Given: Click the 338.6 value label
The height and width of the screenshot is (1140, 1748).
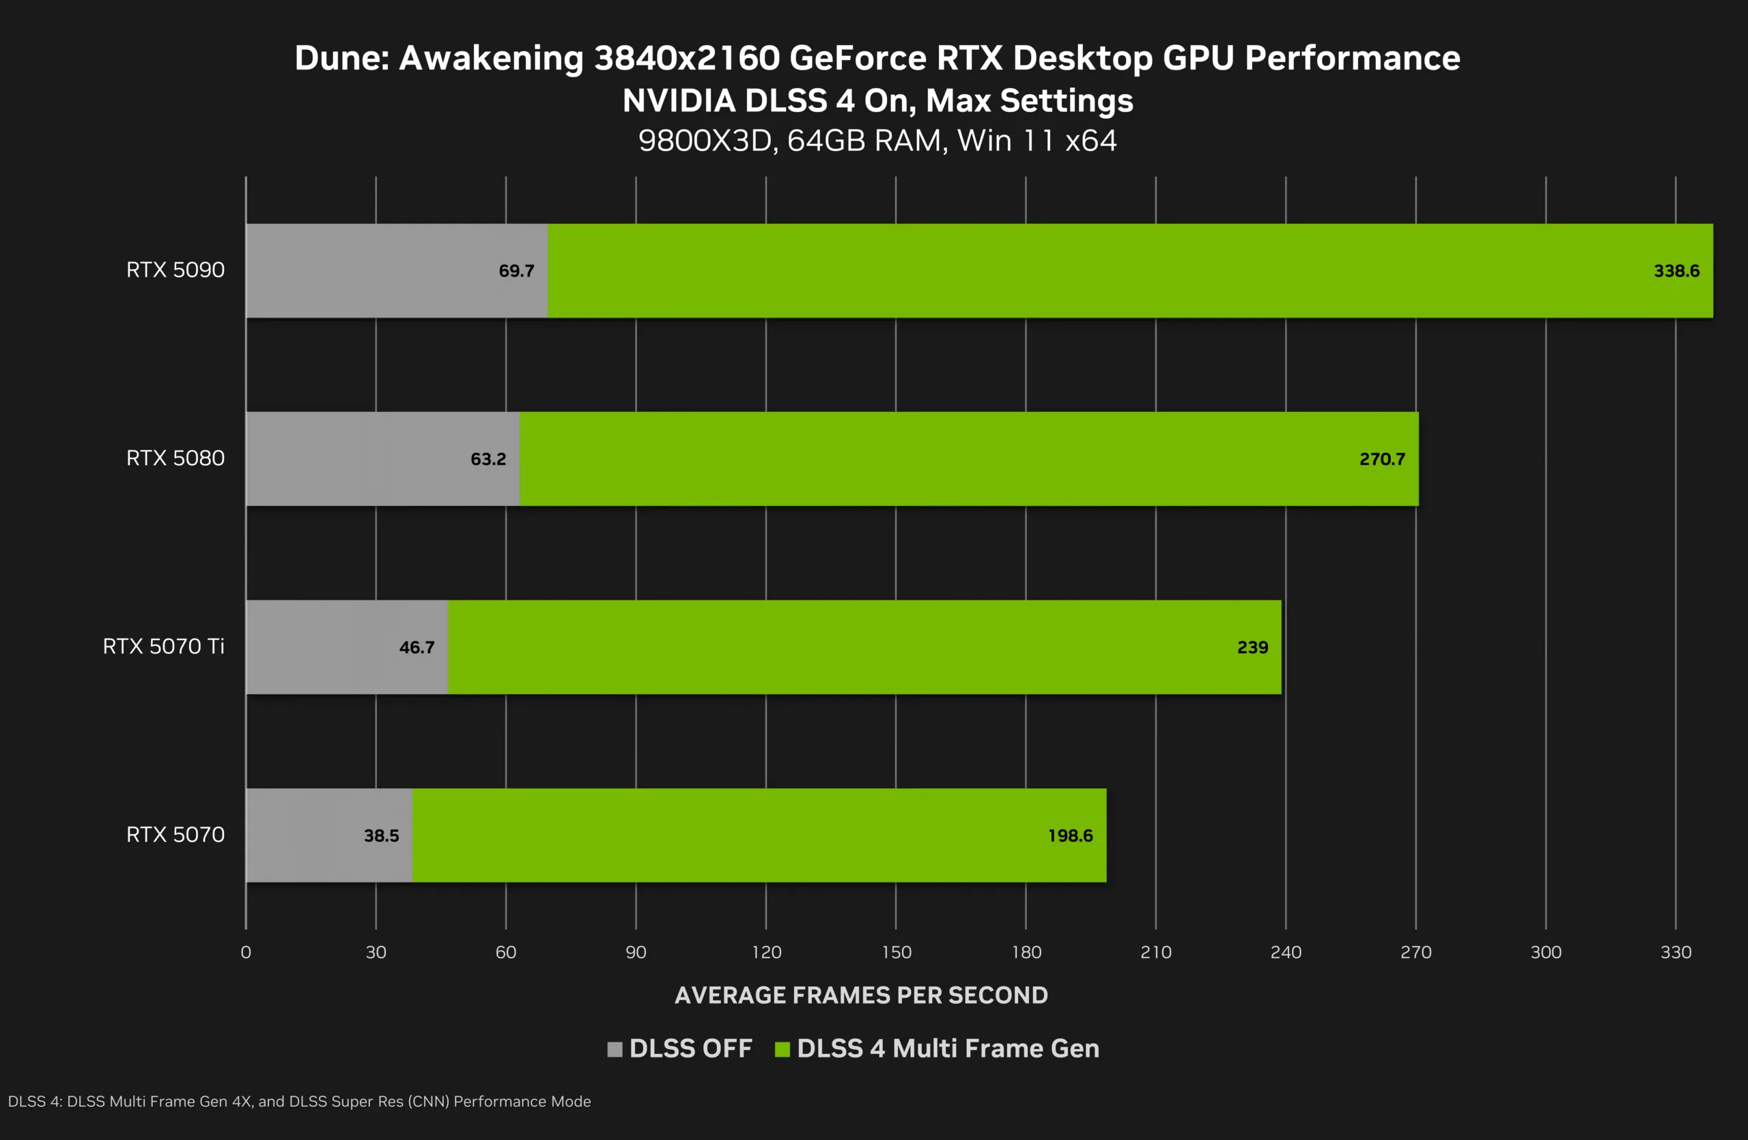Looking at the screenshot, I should [x=1676, y=271].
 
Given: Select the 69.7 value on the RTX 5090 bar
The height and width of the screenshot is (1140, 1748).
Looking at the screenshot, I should [x=516, y=271].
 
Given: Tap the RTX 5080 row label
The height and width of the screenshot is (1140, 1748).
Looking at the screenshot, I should [x=175, y=458].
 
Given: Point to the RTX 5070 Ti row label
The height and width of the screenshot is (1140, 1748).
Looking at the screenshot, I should [x=163, y=646].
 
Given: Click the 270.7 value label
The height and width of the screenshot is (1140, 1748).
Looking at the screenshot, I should [x=1381, y=459].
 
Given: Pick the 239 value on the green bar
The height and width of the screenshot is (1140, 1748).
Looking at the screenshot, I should [x=1252, y=647].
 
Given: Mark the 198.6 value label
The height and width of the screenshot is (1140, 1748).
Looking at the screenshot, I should [x=1070, y=835].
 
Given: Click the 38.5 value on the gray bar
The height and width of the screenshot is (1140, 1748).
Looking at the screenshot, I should [x=381, y=835].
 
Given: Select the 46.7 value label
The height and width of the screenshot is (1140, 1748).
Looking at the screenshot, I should [x=417, y=647].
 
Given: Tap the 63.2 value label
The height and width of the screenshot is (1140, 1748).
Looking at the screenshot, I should [x=488, y=459].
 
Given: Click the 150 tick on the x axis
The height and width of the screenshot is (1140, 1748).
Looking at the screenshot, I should [x=896, y=952].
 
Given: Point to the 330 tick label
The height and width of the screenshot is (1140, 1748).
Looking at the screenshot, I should [x=1676, y=952].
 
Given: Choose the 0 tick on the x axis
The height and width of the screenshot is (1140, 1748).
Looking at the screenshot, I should [x=246, y=952].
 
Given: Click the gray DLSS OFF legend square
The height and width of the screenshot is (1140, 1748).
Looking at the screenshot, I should [x=615, y=1049].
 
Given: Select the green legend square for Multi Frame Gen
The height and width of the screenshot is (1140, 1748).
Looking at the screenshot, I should [x=783, y=1049].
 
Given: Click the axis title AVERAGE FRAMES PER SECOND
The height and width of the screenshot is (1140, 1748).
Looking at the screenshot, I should [x=861, y=995].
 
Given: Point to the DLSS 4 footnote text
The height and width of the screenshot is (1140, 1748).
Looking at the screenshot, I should [x=299, y=1101].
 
